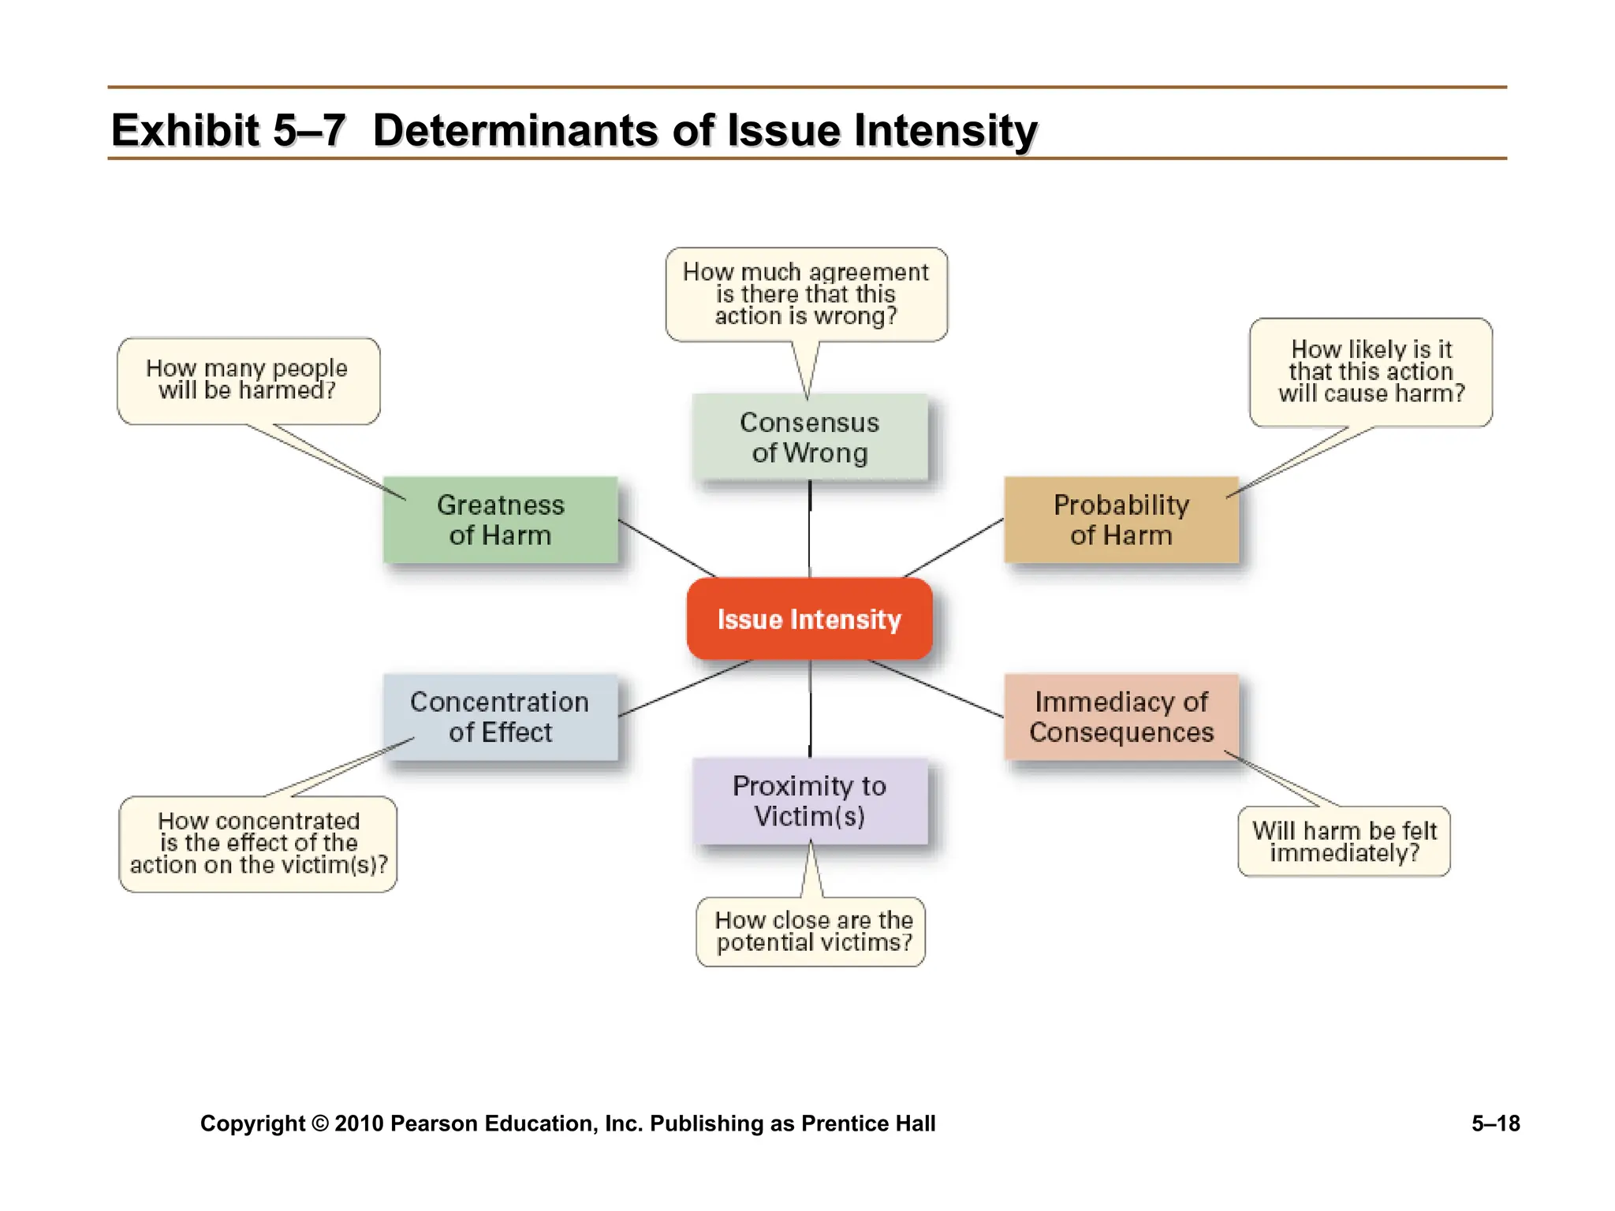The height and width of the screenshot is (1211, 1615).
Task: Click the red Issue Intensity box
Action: click(809, 619)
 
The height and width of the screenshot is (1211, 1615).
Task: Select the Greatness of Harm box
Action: click(500, 520)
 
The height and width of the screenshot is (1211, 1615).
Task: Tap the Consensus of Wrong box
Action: click(809, 437)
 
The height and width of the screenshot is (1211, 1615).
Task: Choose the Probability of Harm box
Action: click(1121, 520)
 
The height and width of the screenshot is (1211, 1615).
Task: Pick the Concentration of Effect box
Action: click(500, 717)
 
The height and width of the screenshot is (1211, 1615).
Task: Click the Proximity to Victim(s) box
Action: click(809, 801)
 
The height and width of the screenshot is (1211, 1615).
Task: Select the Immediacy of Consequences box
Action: click(1121, 717)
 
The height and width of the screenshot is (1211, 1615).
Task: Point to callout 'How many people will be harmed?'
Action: click(248, 380)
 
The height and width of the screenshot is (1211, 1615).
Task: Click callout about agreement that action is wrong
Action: click(806, 294)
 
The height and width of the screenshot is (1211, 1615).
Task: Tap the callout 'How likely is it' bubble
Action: click(1371, 371)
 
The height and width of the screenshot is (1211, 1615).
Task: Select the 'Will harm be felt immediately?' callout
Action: click(1344, 841)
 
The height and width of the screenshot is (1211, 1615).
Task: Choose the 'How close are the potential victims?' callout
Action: click(811, 931)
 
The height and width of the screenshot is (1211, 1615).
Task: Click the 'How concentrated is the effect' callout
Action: click(258, 844)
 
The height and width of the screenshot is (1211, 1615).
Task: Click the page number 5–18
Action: click(1495, 1123)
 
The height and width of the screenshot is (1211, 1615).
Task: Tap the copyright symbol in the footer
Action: click(319, 1123)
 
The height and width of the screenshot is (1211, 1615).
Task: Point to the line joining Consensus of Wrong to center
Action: click(809, 528)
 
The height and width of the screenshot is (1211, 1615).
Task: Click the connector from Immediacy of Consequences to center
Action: click(936, 688)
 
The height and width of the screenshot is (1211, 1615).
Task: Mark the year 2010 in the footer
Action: click(359, 1123)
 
